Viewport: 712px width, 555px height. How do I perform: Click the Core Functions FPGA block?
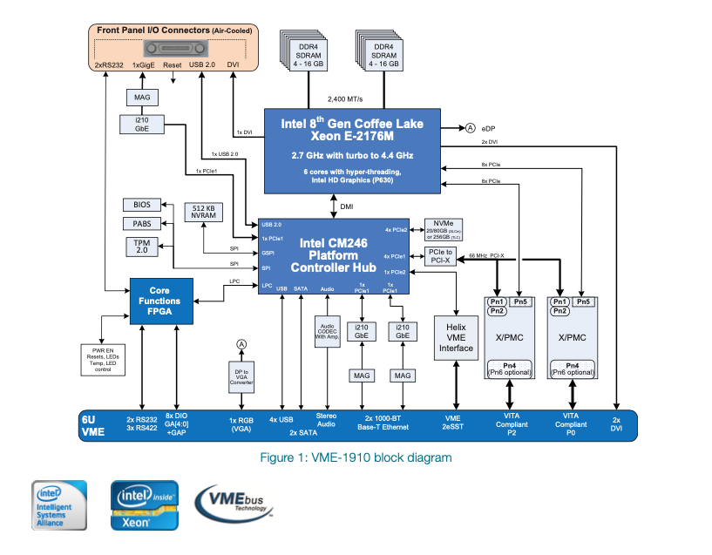[x=160, y=301]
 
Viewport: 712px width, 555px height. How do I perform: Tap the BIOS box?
[x=141, y=205]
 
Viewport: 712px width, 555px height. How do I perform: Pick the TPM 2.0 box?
[x=141, y=246]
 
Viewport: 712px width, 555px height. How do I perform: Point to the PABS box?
[x=141, y=224]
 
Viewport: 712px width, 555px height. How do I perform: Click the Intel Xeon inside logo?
[x=143, y=505]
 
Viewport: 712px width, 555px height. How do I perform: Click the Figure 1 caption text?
[x=356, y=457]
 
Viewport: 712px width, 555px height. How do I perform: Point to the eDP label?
[x=488, y=127]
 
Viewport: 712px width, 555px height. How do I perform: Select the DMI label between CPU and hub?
[x=347, y=206]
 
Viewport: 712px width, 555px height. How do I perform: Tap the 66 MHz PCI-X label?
[x=485, y=255]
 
